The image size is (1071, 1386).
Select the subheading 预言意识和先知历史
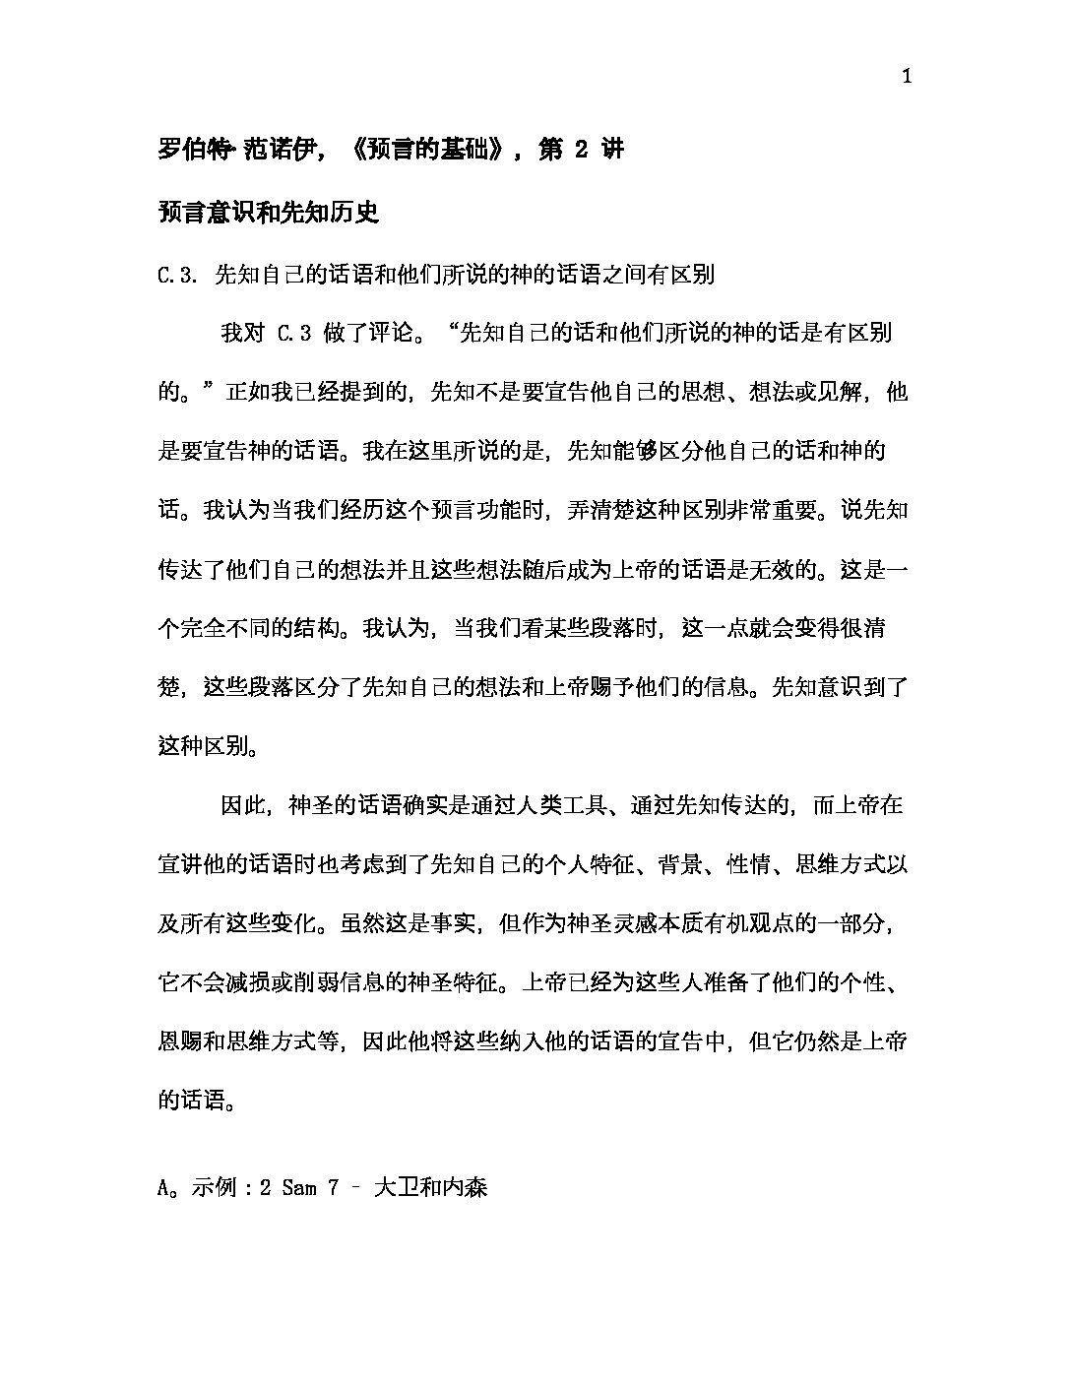click(269, 212)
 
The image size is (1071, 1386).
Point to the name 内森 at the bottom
click(465, 1188)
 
